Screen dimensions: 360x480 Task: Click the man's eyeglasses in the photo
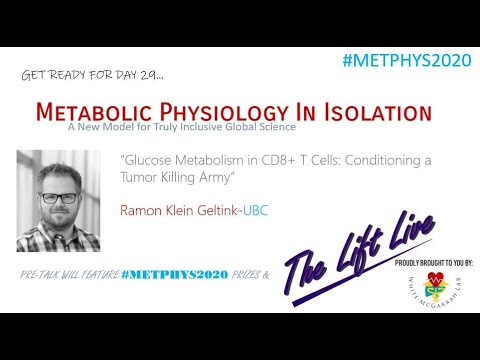pyautogui.click(x=58, y=197)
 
